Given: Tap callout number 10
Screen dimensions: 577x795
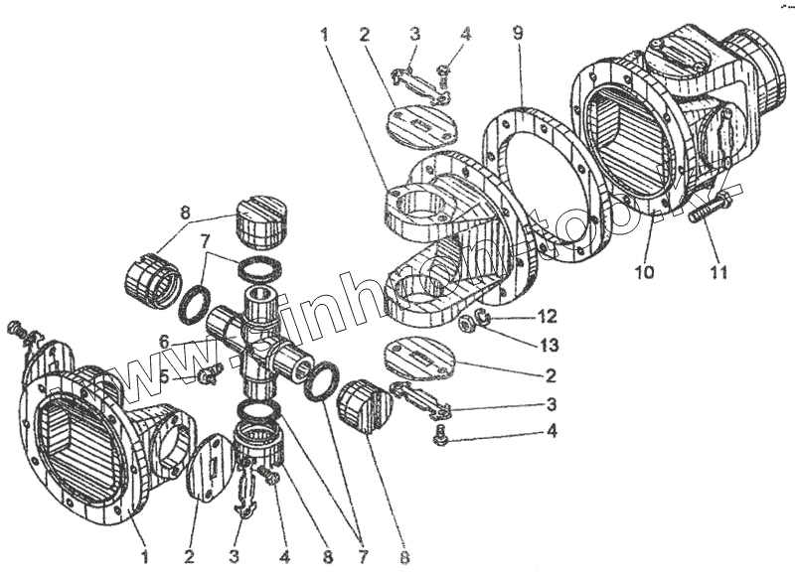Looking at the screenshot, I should [644, 271].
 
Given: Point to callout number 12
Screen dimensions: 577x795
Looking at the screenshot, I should [549, 317].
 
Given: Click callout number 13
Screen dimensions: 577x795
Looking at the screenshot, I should [549, 345].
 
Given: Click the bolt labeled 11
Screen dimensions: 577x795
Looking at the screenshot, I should [713, 206].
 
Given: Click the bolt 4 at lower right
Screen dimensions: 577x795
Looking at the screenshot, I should [441, 434].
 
